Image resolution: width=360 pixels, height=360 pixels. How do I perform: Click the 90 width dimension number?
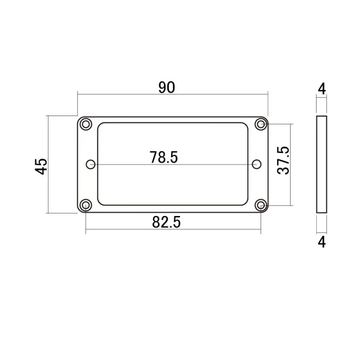click(166, 87)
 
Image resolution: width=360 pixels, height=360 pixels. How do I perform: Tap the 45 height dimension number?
click(41, 166)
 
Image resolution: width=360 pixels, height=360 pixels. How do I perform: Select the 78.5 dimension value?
click(164, 157)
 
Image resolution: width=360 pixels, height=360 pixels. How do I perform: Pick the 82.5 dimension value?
click(166, 222)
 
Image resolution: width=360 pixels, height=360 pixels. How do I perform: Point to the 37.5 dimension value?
click(283, 160)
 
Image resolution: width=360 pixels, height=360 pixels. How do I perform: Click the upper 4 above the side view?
click(321, 89)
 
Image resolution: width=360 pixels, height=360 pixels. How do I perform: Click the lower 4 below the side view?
click(321, 242)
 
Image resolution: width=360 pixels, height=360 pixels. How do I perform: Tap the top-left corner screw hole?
click(85, 124)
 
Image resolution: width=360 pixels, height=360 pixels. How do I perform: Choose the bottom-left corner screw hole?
click(85, 205)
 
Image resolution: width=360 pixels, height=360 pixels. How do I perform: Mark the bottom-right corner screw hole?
click(260, 205)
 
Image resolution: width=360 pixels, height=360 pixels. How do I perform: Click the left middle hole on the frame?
click(91, 164)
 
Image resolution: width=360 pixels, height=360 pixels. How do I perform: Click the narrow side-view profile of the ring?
click(321, 164)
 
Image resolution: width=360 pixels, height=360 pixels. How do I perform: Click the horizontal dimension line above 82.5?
click(135, 229)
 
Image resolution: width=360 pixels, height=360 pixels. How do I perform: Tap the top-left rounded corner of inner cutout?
click(100, 125)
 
